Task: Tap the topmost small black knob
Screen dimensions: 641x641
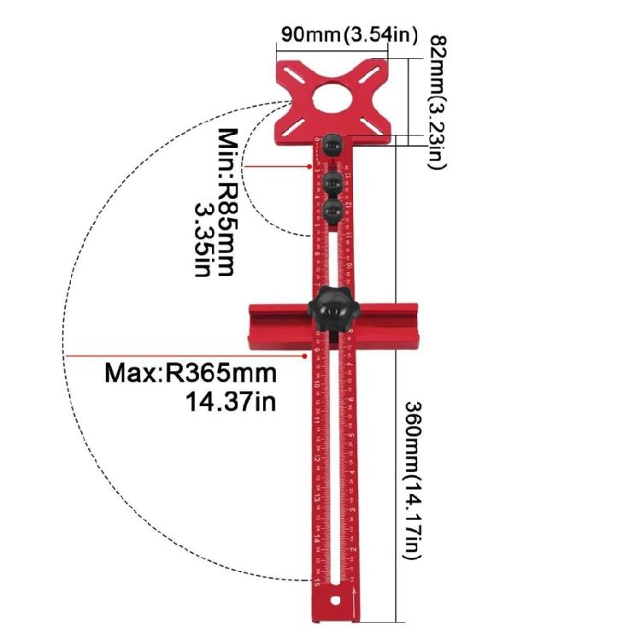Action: click(332, 147)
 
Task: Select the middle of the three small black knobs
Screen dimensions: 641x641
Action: click(332, 180)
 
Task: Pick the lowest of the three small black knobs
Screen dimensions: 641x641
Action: click(332, 209)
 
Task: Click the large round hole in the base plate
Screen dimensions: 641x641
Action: click(333, 96)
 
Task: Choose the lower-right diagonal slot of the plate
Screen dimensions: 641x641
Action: click(373, 119)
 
